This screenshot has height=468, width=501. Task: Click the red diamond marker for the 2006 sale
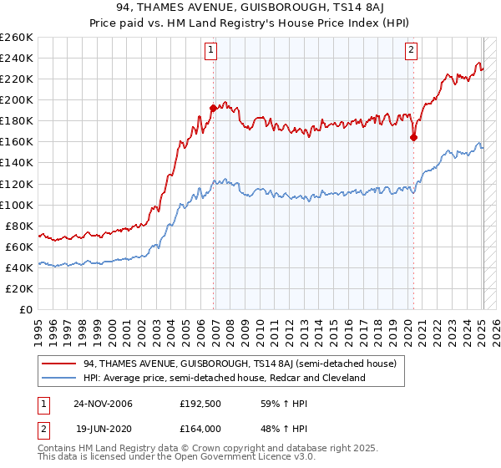pos(213,108)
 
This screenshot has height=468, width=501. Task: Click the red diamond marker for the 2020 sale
pos(413,138)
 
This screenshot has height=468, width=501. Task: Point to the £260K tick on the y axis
pos(17,38)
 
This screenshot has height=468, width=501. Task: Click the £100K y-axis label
pos(17,205)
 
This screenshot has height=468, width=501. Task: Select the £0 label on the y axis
pos(26,310)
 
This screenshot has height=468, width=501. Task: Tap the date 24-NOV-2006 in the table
pos(105,403)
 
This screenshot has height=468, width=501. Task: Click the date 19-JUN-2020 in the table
pos(105,429)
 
